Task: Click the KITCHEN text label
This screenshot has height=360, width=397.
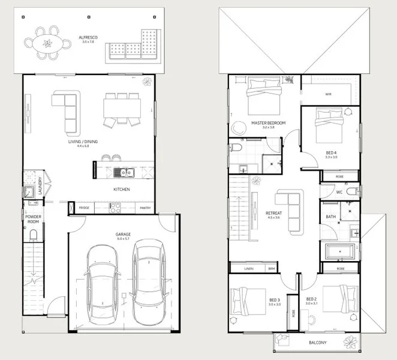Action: point(122,190)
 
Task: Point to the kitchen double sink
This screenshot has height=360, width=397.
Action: point(125,173)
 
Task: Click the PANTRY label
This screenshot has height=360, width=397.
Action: point(145,208)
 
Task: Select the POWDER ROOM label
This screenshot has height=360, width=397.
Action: point(32,219)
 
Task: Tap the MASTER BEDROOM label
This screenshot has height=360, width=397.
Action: point(268,124)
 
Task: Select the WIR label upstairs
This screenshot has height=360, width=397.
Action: point(328,94)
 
